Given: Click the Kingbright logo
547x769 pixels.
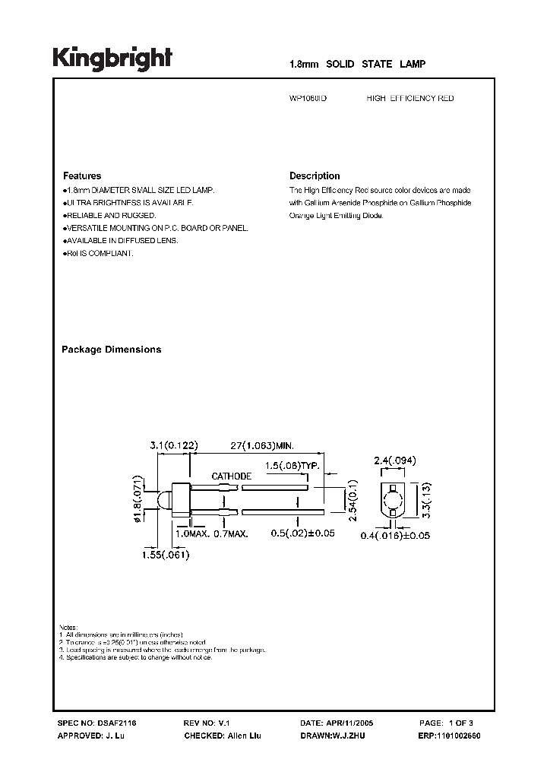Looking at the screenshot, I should (x=112, y=59).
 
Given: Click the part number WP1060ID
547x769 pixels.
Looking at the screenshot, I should (x=309, y=99).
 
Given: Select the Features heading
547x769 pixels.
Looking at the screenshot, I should (x=81, y=176).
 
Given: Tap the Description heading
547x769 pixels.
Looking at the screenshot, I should (x=315, y=176).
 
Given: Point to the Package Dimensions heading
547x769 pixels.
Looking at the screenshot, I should (x=111, y=350).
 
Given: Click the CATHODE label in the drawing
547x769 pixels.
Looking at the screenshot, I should (x=232, y=476).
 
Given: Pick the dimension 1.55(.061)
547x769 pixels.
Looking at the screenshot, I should (x=165, y=555).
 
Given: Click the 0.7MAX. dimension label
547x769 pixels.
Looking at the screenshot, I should (x=230, y=535).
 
